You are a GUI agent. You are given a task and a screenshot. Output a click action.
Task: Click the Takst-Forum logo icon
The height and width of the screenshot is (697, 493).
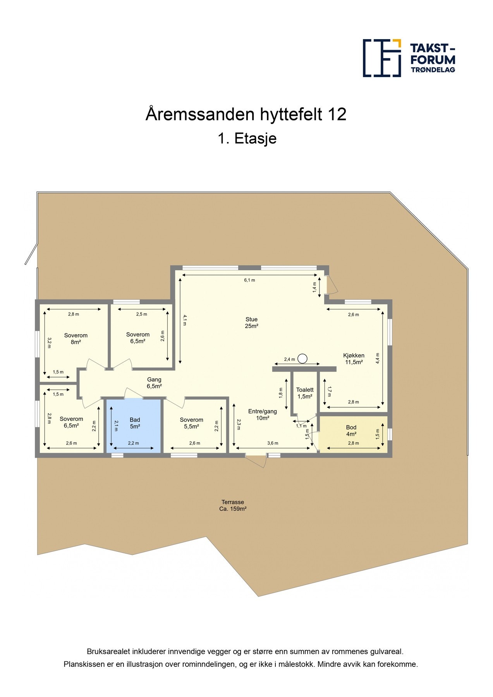pos(381,58)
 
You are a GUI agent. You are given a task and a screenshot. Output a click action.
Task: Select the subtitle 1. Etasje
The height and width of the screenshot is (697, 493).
pos(247,138)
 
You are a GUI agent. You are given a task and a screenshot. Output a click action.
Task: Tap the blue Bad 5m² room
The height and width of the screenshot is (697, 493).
pos(134,426)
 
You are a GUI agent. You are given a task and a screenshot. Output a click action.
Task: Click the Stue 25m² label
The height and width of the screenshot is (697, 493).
pos(251,323)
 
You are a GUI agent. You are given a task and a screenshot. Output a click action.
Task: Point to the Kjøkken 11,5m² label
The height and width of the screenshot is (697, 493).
pos(354,359)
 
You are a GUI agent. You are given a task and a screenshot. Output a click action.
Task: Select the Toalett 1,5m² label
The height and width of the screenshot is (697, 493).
pos(305,393)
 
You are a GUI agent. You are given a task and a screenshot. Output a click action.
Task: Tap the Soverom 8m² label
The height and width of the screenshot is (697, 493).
pos(76,338)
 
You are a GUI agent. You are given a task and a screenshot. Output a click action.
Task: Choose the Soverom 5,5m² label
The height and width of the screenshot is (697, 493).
pos(191,423)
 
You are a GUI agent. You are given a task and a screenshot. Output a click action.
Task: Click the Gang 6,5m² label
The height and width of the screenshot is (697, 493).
pos(154,383)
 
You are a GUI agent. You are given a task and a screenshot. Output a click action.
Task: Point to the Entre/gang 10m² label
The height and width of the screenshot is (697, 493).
pos(262,414)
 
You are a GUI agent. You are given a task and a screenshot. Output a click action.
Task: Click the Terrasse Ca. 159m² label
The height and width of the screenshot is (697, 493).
pos(233,505)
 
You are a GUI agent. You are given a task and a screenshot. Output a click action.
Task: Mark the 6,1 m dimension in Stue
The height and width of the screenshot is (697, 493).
pos(249,280)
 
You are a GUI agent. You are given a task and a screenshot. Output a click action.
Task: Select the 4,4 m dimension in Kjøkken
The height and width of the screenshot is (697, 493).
pos(378,357)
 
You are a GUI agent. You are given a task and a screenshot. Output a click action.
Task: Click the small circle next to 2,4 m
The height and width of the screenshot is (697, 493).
pos(302,359)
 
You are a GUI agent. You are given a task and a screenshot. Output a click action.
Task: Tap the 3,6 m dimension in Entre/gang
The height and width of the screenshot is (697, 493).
pos(273,443)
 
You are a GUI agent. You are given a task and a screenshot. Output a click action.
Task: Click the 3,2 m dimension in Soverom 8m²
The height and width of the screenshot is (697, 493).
pos(49,343)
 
